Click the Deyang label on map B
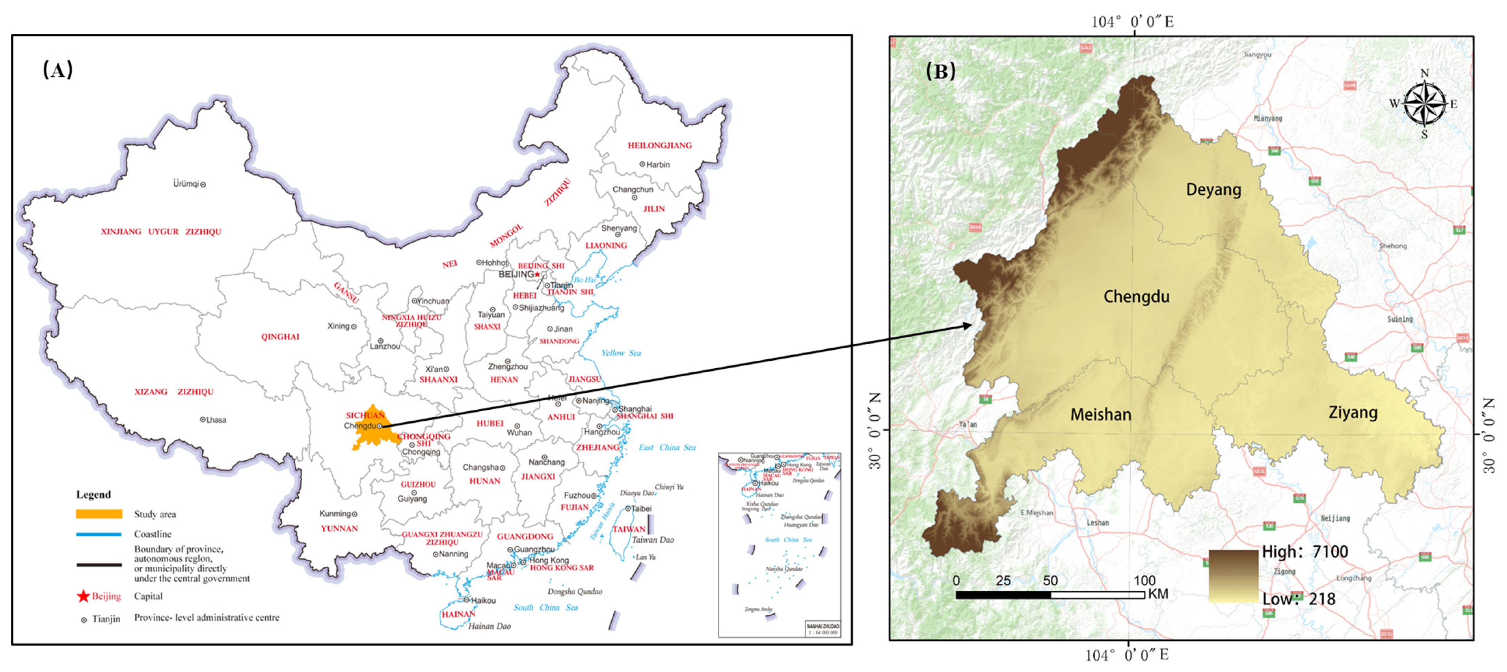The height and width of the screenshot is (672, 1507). (1213, 190)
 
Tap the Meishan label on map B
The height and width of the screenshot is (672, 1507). (1100, 415)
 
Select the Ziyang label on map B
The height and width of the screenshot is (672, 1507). (1353, 412)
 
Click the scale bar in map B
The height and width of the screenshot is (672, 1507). (1050, 595)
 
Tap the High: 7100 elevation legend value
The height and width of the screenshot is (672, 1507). (1305, 551)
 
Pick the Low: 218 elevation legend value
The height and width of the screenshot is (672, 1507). (1299, 599)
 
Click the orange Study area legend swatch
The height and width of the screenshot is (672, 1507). (99, 514)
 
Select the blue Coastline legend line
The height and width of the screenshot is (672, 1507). (98, 534)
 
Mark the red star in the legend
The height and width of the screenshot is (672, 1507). (83, 596)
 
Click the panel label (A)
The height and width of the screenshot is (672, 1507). (58, 70)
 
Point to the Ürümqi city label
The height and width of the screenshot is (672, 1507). (186, 184)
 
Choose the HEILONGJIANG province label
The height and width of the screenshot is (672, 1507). (659, 145)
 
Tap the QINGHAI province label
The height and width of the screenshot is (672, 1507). (280, 337)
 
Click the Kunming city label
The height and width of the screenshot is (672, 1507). (335, 514)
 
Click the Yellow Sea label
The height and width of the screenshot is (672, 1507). (621, 353)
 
